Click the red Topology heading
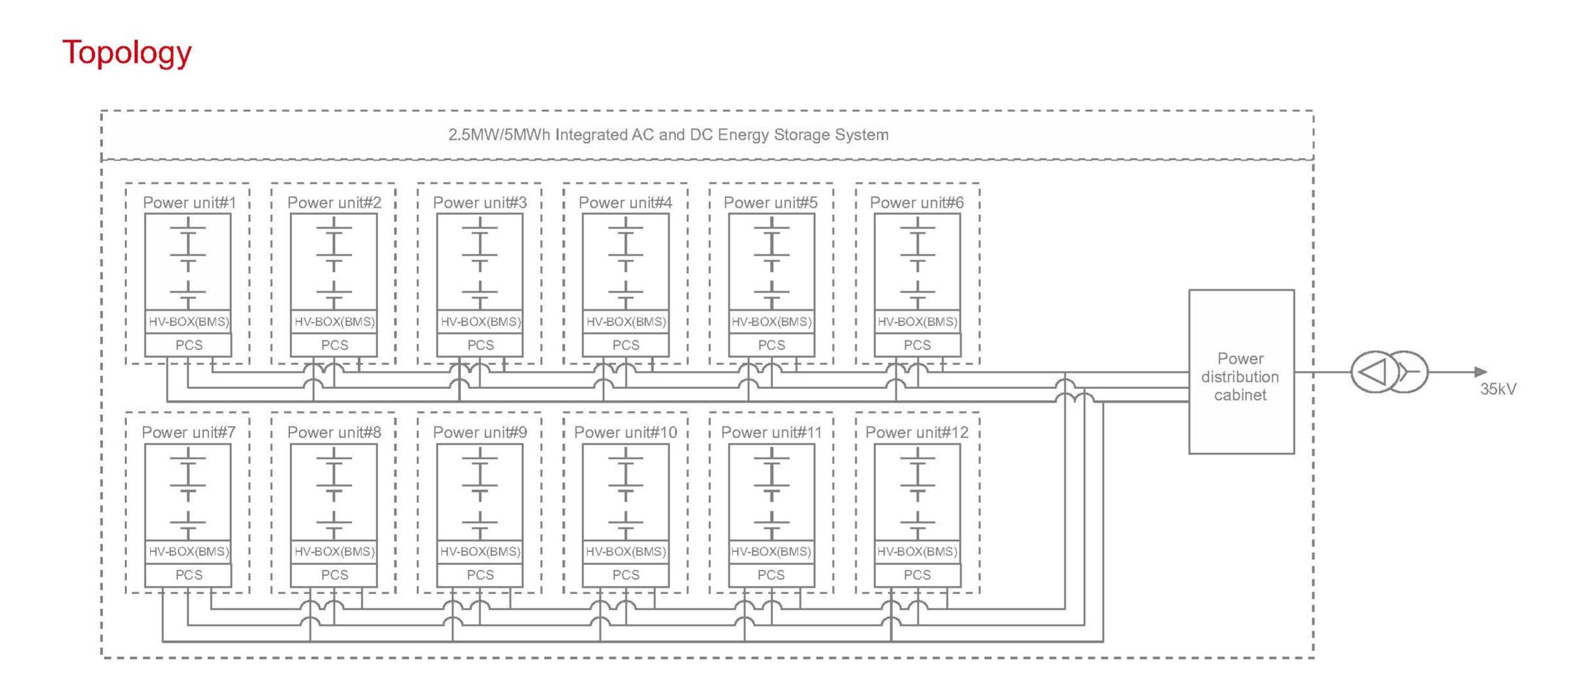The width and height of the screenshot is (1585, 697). click(x=127, y=52)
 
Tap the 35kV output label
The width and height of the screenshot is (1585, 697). click(x=1498, y=389)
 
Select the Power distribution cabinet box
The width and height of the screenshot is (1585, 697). click(x=1241, y=372)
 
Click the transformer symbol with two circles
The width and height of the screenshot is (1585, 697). click(x=1389, y=371)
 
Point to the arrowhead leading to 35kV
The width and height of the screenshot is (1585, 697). click(x=1480, y=371)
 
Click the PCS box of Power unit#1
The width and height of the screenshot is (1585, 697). click(x=188, y=345)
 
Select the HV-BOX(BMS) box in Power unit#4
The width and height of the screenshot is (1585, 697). click(x=625, y=322)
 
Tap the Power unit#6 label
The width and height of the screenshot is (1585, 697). click(x=916, y=203)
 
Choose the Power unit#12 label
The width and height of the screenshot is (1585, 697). click(x=916, y=432)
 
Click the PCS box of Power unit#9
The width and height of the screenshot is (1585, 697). click(x=480, y=575)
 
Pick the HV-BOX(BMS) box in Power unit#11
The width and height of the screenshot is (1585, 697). click(x=771, y=551)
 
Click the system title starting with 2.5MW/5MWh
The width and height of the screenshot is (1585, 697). click(x=668, y=135)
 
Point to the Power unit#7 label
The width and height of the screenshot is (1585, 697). click(x=188, y=432)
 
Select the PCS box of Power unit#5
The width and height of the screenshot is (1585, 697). click(x=771, y=345)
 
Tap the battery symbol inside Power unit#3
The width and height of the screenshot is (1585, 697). click(x=480, y=262)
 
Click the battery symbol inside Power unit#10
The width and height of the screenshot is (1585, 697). click(x=625, y=492)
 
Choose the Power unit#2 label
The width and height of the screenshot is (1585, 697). click(x=334, y=203)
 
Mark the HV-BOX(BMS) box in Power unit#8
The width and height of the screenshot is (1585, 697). click(x=334, y=551)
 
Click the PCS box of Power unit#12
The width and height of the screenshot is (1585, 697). click(x=917, y=575)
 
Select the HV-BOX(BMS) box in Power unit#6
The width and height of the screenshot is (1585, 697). click(x=917, y=322)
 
